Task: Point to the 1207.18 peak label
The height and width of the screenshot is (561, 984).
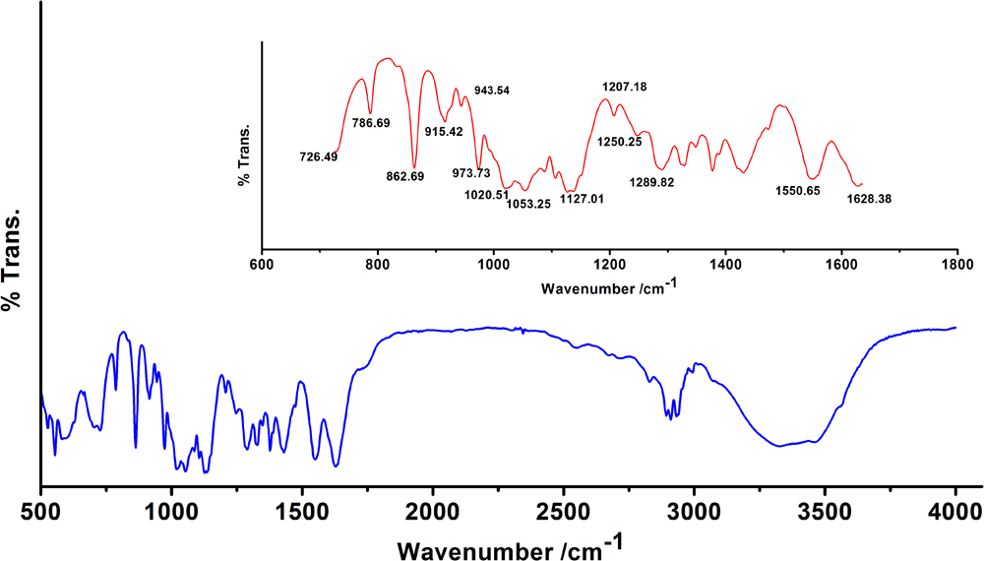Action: [624, 88]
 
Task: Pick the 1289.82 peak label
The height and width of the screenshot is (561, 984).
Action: [651, 183]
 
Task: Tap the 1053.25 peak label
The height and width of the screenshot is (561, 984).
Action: [528, 204]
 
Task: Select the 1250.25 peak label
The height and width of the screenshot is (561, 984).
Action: [619, 142]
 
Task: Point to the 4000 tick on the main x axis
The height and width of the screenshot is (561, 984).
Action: [955, 510]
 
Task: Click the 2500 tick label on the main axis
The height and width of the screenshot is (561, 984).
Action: [563, 510]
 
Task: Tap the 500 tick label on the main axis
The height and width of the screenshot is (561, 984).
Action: [40, 510]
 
